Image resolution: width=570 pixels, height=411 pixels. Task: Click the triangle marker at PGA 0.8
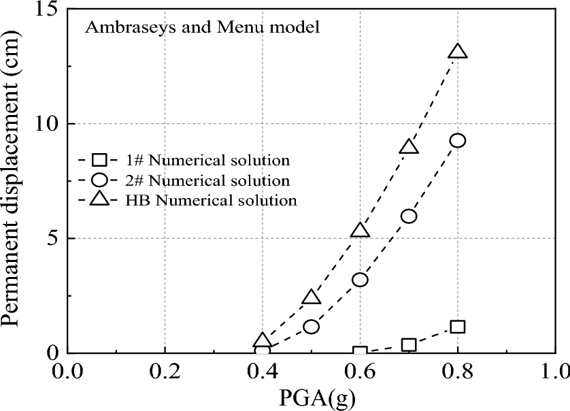[458, 52]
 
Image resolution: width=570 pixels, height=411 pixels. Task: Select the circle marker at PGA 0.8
[458, 140]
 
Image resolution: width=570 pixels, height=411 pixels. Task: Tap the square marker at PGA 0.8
[458, 327]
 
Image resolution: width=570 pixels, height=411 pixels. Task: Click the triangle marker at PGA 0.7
[409, 147]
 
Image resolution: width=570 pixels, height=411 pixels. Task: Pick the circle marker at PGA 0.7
[409, 216]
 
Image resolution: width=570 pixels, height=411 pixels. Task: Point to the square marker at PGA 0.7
[409, 345]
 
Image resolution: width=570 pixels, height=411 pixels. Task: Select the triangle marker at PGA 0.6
[360, 231]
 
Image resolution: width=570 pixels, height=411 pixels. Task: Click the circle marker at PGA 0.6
[360, 280]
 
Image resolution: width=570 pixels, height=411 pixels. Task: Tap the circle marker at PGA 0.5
[312, 326]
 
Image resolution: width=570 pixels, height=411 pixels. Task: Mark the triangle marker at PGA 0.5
[312, 297]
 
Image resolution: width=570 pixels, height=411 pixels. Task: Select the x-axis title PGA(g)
[311, 398]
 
